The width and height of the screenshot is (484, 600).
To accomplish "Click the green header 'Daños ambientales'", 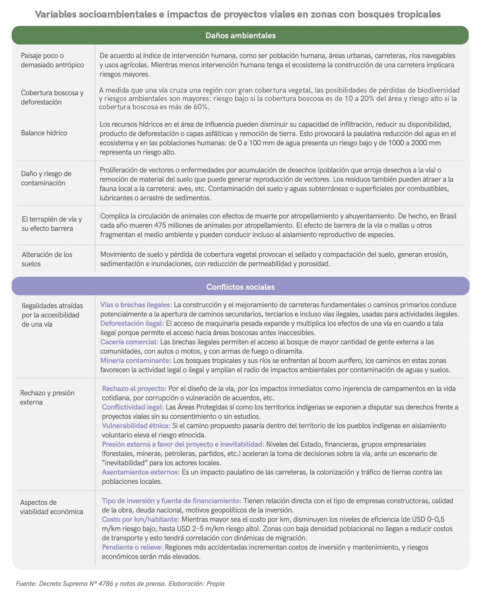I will [240, 35].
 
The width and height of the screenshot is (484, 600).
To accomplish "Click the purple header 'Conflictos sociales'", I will [240, 287].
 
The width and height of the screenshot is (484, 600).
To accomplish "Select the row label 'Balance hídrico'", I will [44, 133].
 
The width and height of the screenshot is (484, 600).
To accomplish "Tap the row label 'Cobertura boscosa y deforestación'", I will [52, 97].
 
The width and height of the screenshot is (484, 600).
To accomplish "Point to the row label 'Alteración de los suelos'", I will [47, 259].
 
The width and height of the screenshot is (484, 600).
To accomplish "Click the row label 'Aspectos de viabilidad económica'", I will [51, 507].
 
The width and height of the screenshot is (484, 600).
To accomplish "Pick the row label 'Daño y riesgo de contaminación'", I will [46, 178].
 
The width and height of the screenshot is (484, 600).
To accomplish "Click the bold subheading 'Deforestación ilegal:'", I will [132, 324].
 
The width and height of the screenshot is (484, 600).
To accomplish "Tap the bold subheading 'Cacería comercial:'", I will [129, 342].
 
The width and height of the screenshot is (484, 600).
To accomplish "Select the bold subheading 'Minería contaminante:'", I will [136, 361].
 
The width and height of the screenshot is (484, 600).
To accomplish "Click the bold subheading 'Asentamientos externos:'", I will [141, 472].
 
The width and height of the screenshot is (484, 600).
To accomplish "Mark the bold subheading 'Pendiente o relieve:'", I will [132, 547].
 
